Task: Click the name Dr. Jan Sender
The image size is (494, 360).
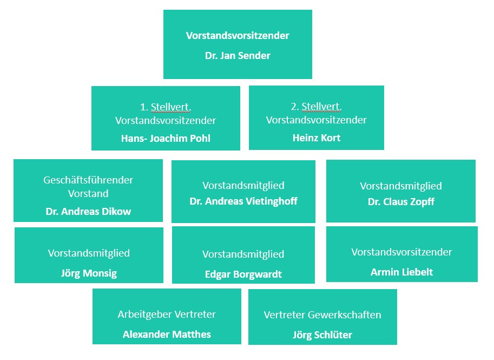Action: pyautogui.click(x=238, y=55)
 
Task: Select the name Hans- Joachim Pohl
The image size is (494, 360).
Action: pyautogui.click(x=166, y=138)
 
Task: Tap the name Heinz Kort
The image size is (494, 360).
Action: pyautogui.click(x=317, y=138)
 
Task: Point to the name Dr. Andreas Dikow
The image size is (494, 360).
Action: pyautogui.click(x=88, y=211)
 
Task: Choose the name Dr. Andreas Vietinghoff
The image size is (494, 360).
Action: pyautogui.click(x=243, y=201)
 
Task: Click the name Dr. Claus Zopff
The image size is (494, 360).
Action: pyautogui.click(x=401, y=202)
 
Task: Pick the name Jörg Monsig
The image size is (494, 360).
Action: pyautogui.click(x=89, y=273)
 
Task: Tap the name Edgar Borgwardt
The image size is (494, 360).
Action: pyautogui.click(x=243, y=274)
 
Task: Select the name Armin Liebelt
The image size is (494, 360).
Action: pyautogui.click(x=401, y=272)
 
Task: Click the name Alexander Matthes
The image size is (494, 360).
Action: pyautogui.click(x=167, y=334)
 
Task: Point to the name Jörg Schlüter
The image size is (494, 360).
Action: pyautogui.click(x=322, y=335)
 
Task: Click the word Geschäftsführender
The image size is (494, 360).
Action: pyautogui.click(x=88, y=180)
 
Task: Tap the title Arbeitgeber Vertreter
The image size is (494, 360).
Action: pyautogui.click(x=167, y=314)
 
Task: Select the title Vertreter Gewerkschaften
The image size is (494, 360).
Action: pyautogui.click(x=322, y=315)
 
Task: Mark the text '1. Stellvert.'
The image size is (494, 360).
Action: pyautogui.click(x=166, y=107)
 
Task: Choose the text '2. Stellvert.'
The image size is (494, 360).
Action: pyautogui.click(x=317, y=107)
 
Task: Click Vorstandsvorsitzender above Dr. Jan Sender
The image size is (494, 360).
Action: pyautogui.click(x=238, y=36)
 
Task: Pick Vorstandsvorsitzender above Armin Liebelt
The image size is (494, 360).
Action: pyautogui.click(x=401, y=252)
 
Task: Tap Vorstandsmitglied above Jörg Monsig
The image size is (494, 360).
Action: pyautogui.click(x=89, y=253)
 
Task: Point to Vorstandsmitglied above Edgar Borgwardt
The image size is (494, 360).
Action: pyautogui.click(x=243, y=254)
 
